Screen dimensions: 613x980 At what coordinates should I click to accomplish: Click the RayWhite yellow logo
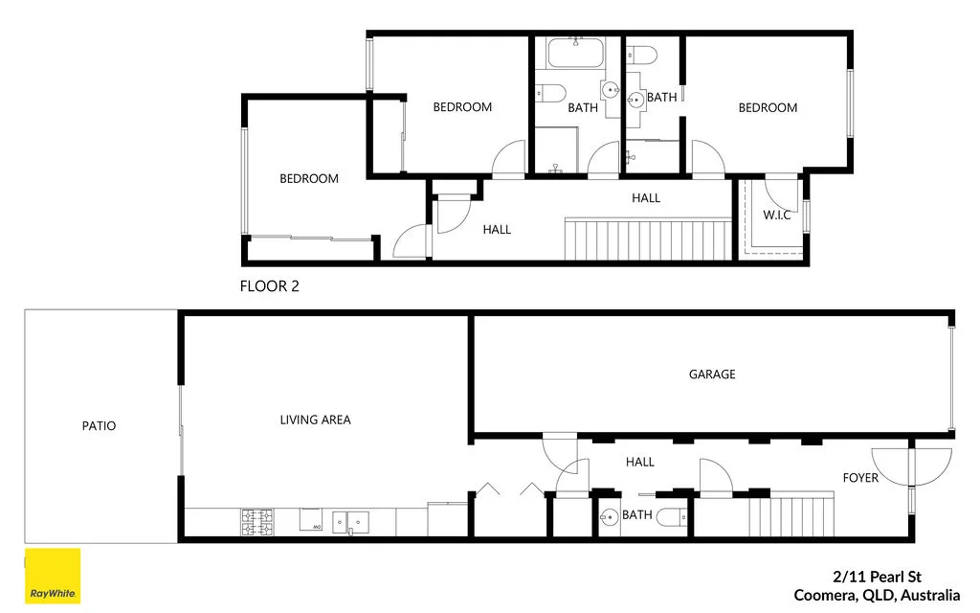(52, 577)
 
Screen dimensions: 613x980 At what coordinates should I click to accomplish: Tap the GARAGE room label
(712, 375)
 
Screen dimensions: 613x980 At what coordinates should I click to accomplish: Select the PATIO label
(99, 425)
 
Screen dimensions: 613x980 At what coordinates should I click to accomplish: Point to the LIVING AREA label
(315, 420)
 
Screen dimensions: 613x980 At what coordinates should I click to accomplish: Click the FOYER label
(860, 477)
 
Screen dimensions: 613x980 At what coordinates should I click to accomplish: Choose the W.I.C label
(777, 215)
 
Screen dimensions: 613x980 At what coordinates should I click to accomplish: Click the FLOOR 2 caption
(269, 285)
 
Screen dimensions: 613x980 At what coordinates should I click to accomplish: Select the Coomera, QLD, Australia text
(877, 595)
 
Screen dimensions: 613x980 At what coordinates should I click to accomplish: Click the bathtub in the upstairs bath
(576, 54)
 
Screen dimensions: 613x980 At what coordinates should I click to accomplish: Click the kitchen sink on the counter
(350, 521)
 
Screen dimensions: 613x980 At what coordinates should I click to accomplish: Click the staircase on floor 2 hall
(647, 238)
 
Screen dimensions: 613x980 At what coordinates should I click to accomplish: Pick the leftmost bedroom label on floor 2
(309, 178)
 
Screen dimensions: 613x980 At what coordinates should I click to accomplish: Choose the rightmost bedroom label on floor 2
(768, 108)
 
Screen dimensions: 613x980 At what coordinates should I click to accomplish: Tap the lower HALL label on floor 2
(497, 230)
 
